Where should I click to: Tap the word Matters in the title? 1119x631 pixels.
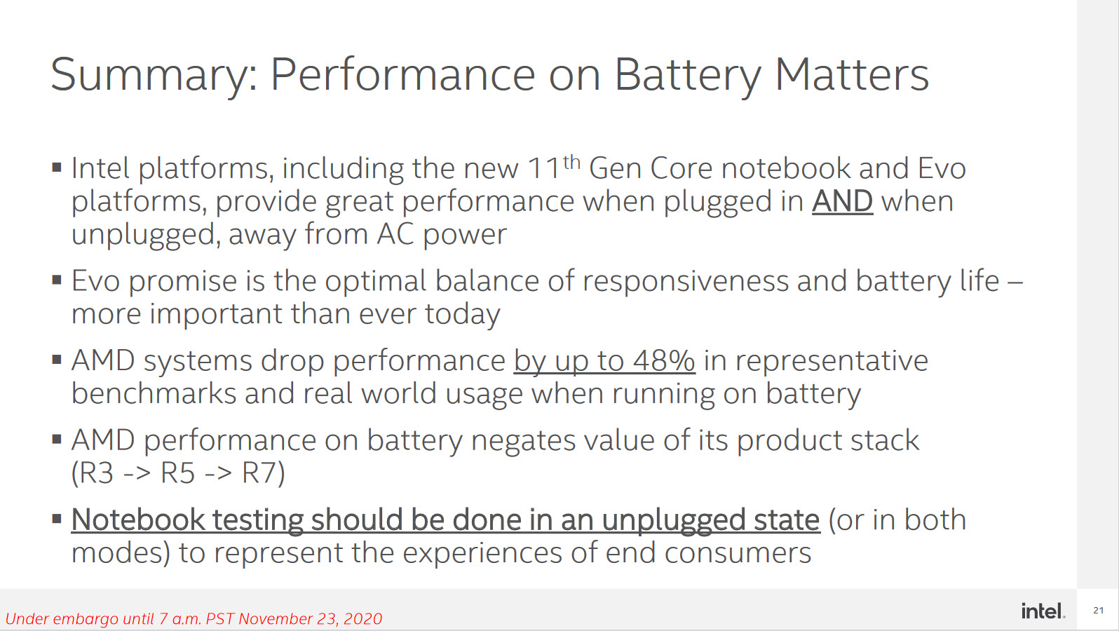tap(851, 74)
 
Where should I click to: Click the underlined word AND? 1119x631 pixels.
tap(842, 202)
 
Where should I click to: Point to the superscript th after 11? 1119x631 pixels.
tap(571, 163)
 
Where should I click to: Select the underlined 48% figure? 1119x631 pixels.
tap(663, 360)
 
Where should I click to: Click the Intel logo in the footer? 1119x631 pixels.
tap(1043, 611)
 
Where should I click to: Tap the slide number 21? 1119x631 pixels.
tap(1098, 610)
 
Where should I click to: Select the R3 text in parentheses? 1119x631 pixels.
tap(97, 473)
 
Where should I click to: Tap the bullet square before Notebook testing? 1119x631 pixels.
tap(57, 519)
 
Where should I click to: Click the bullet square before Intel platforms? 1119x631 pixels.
tap(57, 167)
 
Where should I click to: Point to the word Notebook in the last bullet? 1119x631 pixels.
tap(138, 520)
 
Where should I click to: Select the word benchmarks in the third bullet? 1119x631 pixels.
tap(154, 393)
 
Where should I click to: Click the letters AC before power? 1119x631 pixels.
tap(395, 233)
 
